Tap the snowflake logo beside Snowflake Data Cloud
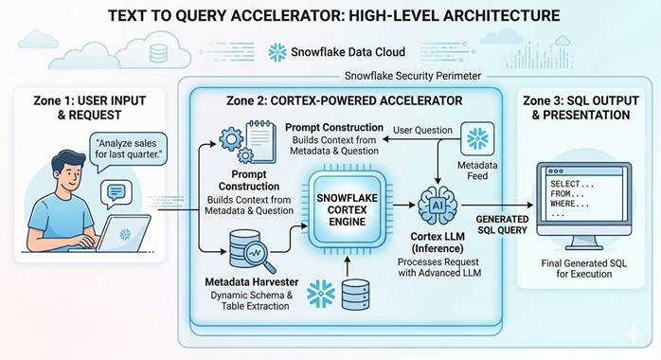[x=278, y=52]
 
